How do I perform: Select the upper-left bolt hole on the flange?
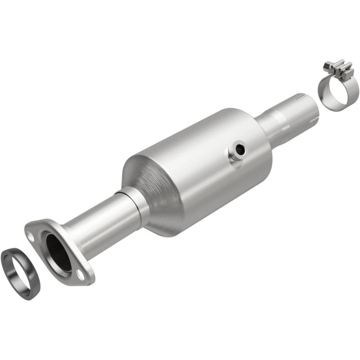pyautogui.click(x=31, y=234)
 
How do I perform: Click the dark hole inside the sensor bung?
pyautogui.click(x=239, y=149)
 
